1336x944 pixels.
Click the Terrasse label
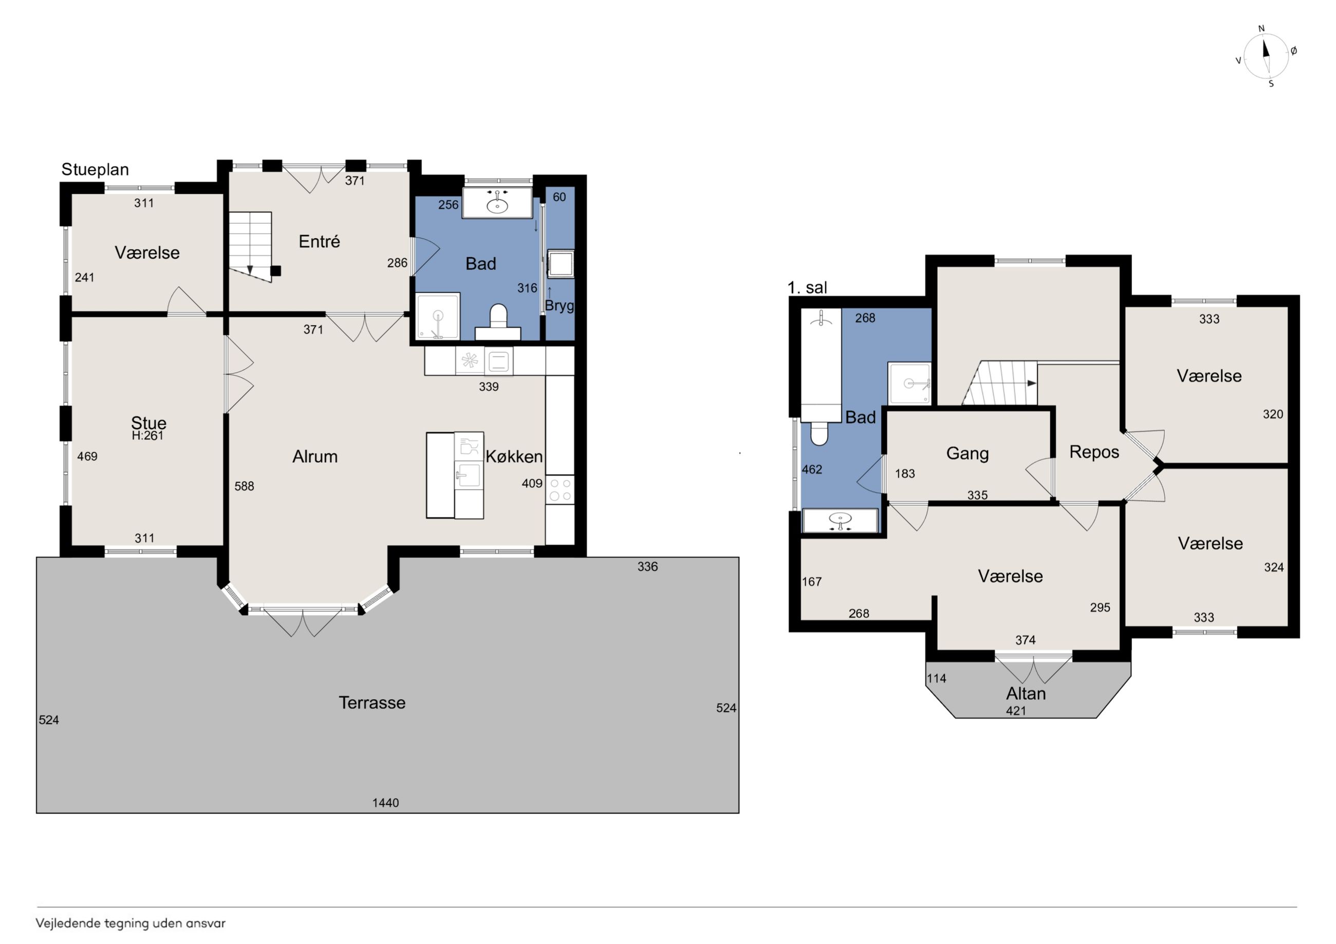point(372,703)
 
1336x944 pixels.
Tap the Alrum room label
point(315,457)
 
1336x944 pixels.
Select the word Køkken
point(514,457)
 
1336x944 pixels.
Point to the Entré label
point(319,241)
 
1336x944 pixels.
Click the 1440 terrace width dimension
point(386,803)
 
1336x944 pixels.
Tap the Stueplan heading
point(95,170)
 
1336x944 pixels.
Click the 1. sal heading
point(807,287)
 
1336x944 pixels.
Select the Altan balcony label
point(1026,693)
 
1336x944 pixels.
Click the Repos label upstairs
point(1094,452)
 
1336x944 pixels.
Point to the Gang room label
point(967,453)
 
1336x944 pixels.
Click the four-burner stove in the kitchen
point(560,489)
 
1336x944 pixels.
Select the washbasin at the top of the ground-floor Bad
point(497,202)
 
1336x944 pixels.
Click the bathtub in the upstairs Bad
point(821,365)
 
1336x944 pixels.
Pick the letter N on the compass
point(1261,28)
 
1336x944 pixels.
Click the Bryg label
point(559,306)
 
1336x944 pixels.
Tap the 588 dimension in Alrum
point(245,486)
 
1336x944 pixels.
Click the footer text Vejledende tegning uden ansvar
point(131,923)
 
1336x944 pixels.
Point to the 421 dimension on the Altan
point(1016,710)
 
